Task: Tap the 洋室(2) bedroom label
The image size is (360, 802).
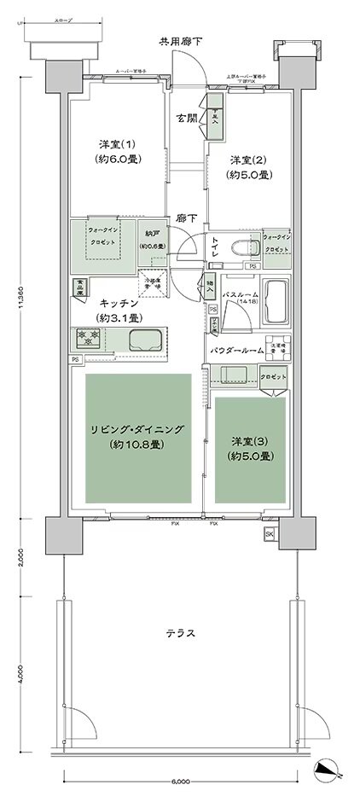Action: (248, 167)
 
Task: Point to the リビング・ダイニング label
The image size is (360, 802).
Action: (136, 437)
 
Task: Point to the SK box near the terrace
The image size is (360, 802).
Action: (270, 534)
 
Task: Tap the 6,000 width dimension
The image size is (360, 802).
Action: (178, 782)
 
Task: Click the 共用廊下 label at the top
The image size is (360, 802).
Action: (180, 41)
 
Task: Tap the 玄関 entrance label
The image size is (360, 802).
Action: (187, 118)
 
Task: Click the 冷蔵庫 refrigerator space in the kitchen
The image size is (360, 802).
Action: (154, 282)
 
